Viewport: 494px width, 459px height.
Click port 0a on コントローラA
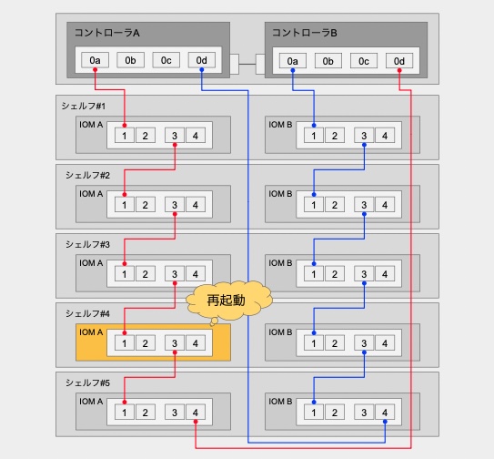(x=95, y=60)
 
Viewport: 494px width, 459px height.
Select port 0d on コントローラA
(x=202, y=60)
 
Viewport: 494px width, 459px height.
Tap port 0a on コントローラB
(x=293, y=61)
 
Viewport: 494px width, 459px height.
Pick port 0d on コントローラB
(x=399, y=61)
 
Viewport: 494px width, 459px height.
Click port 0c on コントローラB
(x=364, y=61)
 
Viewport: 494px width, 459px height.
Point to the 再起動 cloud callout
(x=228, y=301)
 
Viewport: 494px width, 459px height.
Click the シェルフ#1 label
(x=84, y=106)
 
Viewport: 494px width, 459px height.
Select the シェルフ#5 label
(x=87, y=382)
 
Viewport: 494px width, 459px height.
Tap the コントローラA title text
(x=107, y=33)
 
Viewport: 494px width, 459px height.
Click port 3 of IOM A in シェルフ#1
(x=175, y=136)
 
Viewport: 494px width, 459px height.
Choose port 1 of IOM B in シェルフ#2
(x=314, y=205)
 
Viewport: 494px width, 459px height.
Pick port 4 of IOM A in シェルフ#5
(x=196, y=413)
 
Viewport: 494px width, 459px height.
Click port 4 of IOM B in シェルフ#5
(x=385, y=413)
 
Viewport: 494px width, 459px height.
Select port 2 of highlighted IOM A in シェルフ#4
(x=145, y=343)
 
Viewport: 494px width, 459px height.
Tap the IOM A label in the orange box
(x=91, y=332)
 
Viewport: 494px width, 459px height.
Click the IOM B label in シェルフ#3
(x=280, y=263)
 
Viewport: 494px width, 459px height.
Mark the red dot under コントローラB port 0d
(x=399, y=70)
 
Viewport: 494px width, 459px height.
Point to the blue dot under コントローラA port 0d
(x=202, y=70)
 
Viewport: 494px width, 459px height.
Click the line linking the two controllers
(x=247, y=65)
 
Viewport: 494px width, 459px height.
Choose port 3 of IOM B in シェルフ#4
(x=364, y=343)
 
